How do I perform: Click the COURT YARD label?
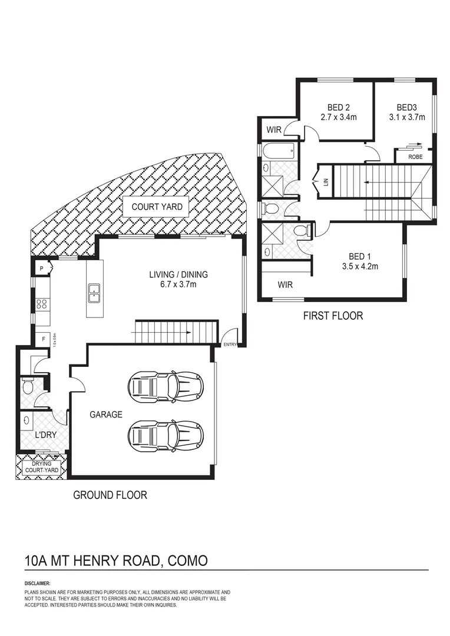(x=156, y=207)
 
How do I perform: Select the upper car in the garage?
(x=166, y=386)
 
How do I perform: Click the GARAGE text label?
(x=106, y=415)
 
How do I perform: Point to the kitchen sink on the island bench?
(x=94, y=292)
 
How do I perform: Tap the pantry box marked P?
(x=42, y=269)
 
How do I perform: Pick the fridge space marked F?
(x=44, y=339)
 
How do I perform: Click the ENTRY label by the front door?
(x=229, y=344)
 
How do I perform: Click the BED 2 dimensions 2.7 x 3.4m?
(x=339, y=117)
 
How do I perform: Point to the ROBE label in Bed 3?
(x=415, y=157)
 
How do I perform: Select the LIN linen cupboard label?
(x=325, y=183)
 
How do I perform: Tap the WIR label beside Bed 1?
(x=285, y=285)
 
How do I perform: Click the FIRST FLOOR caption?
(x=333, y=316)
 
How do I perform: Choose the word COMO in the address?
(x=188, y=560)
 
